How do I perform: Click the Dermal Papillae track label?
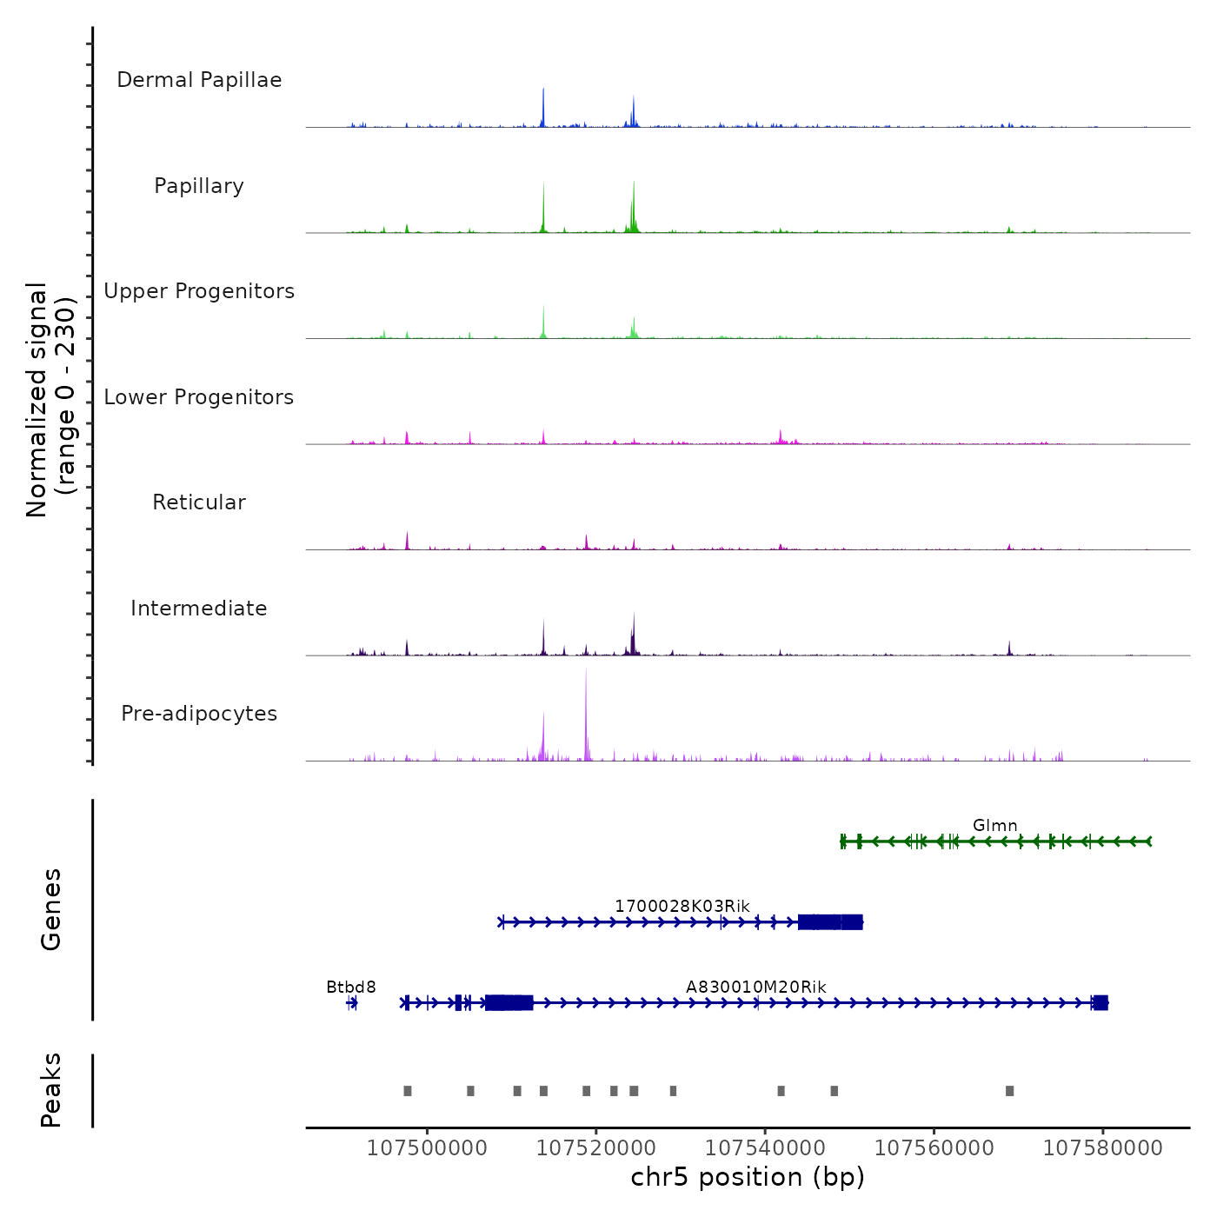click(199, 80)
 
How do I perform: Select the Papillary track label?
click(199, 186)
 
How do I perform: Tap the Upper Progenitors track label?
click(199, 291)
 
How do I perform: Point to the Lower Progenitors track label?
click(199, 397)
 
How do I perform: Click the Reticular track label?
click(199, 502)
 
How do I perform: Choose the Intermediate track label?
click(199, 608)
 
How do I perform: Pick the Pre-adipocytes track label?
click(199, 714)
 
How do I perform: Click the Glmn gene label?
click(994, 825)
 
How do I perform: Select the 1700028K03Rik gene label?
click(682, 906)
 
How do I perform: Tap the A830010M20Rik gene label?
click(755, 987)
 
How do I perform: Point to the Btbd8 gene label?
click(351, 987)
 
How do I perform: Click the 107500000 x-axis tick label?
click(427, 1148)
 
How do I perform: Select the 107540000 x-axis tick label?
click(765, 1148)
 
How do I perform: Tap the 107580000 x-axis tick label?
click(1102, 1148)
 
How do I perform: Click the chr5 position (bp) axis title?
click(748, 1177)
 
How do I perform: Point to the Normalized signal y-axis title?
click(50, 400)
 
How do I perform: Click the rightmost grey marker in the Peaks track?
click(1009, 1091)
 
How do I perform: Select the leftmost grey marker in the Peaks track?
click(408, 1091)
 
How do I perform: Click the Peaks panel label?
click(50, 1090)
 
